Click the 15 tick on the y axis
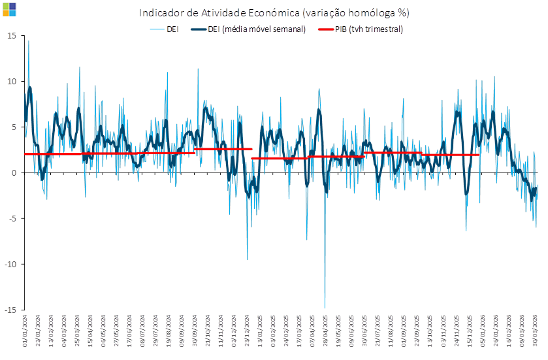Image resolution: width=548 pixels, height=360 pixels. pos(12,35)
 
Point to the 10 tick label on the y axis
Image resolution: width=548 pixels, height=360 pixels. pos(12,81)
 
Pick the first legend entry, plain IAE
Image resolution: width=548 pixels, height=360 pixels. pos(174,29)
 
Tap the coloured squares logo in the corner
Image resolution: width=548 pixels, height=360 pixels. pos(9,8)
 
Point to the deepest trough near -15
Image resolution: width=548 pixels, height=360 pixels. pos(325,307)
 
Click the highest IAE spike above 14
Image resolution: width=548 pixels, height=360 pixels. pos(28,41)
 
